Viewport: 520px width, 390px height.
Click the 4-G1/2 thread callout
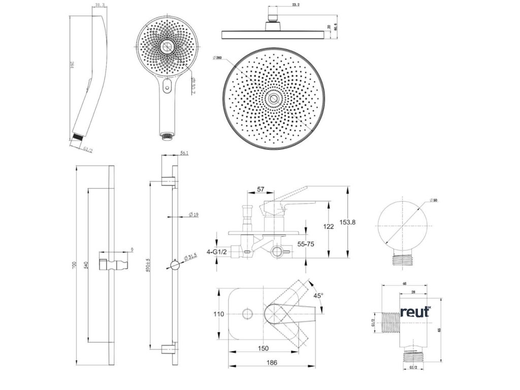coord(216,251)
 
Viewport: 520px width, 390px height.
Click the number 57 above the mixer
coord(261,189)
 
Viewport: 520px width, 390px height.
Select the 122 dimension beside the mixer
coord(329,226)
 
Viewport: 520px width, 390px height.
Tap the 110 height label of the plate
coord(218,314)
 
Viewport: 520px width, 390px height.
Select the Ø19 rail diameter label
coord(193,215)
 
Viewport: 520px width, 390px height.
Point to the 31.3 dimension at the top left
coord(100,6)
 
